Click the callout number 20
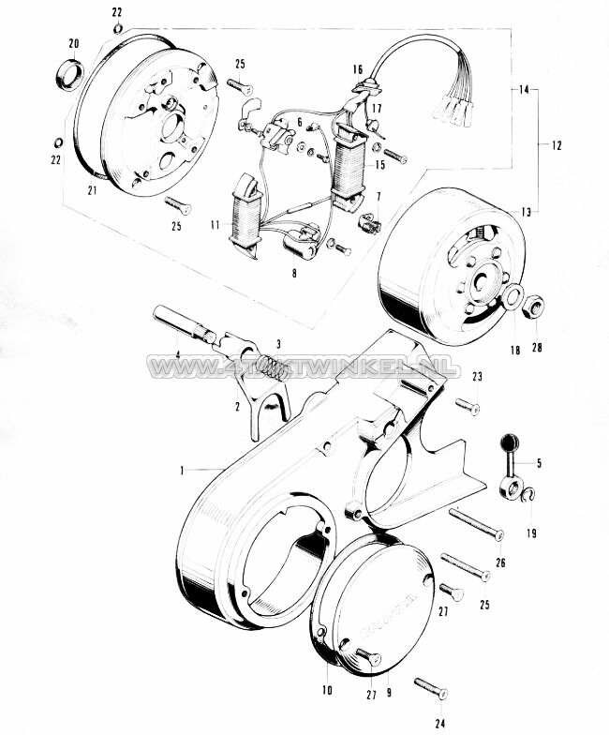[74, 43]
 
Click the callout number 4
[177, 354]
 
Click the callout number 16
[358, 70]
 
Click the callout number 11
[215, 225]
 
